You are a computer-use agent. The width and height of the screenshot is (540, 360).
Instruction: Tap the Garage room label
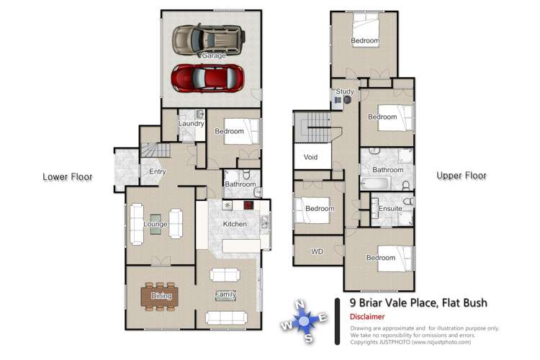click(213, 55)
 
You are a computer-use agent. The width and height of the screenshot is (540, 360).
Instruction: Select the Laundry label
click(192, 124)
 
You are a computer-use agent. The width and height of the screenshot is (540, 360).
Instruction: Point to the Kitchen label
click(235, 224)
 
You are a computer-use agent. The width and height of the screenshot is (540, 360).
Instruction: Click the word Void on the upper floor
click(310, 156)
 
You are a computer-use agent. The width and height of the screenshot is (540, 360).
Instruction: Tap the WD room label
click(317, 252)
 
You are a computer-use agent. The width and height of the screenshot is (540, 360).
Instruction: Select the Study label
click(345, 91)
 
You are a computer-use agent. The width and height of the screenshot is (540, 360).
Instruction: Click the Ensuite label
click(390, 209)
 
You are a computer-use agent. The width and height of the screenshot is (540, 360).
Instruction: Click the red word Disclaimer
click(367, 317)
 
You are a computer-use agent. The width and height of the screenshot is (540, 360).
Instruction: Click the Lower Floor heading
click(67, 176)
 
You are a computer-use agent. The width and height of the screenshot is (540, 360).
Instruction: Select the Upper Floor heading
click(462, 176)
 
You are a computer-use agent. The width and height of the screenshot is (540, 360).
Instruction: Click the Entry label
click(157, 171)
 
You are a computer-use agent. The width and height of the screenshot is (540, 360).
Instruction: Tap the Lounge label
click(155, 225)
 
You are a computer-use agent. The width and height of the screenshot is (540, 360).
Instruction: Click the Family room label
click(225, 294)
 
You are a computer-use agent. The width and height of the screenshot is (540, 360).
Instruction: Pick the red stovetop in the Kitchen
click(249, 205)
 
